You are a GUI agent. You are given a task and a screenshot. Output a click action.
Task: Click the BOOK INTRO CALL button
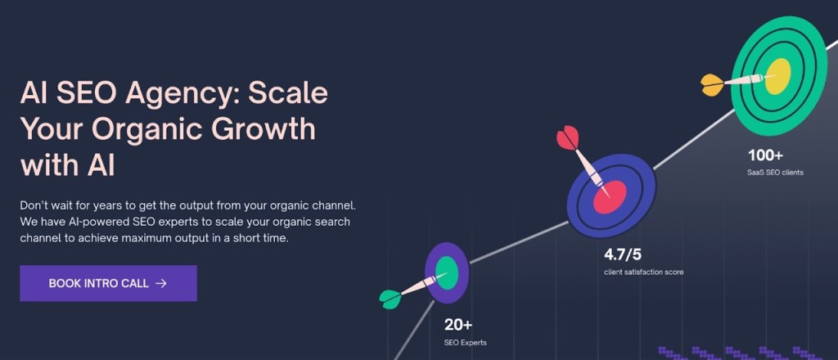coord(109,283)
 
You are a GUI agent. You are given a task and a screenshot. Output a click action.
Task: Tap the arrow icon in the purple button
coord(161,284)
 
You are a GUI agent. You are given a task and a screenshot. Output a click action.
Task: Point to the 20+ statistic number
coord(458,325)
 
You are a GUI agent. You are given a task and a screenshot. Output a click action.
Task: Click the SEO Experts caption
coord(466,342)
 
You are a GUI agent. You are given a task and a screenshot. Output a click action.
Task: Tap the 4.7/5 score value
coord(623,254)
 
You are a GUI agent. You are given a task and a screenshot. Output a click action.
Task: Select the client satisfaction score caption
coord(643,272)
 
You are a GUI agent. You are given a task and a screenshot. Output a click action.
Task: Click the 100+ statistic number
coord(765,155)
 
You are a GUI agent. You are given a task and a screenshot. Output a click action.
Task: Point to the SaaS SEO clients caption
coord(775,173)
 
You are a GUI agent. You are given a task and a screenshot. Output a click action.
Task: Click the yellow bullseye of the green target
coord(778,76)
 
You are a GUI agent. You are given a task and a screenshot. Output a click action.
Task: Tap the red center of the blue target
coord(610,197)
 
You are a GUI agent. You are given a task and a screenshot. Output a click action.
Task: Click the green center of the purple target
coord(446,273)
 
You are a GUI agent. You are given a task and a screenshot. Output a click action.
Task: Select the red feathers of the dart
coord(568,137)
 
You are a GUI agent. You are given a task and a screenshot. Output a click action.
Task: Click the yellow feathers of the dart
coord(712,85)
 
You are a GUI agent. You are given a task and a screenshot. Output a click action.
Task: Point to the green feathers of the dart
coord(390,299)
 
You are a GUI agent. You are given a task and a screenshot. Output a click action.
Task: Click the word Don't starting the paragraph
coord(34,205)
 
